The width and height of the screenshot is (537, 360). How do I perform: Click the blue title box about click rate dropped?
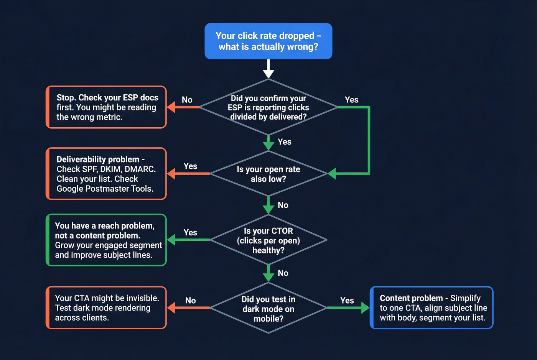[x=268, y=41]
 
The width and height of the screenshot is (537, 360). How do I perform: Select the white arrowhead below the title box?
[x=268, y=73]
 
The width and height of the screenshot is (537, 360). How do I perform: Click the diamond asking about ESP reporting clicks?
[x=268, y=107]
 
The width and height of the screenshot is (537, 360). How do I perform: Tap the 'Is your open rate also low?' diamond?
[x=268, y=174]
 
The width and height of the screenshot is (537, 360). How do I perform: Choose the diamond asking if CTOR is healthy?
[x=268, y=240]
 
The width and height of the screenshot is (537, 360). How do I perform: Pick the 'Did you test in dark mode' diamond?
[x=268, y=308]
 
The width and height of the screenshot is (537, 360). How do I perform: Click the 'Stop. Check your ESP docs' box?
[x=106, y=107]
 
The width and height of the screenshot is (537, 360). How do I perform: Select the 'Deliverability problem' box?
[x=106, y=174]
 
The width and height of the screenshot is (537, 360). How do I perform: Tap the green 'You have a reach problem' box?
[x=106, y=240]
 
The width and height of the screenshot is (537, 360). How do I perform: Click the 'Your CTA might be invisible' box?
[x=106, y=307]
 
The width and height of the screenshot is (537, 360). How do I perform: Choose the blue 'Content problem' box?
[x=432, y=307]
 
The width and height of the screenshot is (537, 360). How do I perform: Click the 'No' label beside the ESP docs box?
[x=187, y=100]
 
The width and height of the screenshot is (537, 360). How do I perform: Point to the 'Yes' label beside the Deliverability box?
[x=190, y=166]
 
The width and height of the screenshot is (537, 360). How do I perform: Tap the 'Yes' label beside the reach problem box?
[x=190, y=233]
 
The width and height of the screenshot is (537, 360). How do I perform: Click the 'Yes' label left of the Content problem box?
[x=347, y=300]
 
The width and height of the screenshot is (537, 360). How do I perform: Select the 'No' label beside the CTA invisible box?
[x=190, y=301]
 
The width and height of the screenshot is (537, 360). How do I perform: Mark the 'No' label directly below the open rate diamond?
[x=283, y=205]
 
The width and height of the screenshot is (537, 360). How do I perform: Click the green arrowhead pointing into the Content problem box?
[x=364, y=307]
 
